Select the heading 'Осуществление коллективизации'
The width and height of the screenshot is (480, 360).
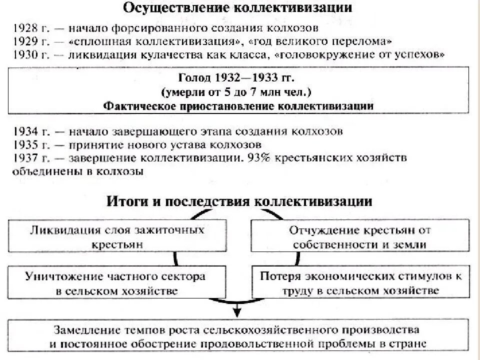click(x=237, y=9)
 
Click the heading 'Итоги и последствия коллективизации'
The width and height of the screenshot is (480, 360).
click(x=239, y=201)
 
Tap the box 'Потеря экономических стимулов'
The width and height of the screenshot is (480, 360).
click(x=359, y=283)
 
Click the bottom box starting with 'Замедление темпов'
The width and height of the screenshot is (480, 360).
click(x=238, y=337)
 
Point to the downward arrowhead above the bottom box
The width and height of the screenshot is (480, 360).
click(x=237, y=313)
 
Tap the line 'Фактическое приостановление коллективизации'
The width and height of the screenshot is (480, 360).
click(x=238, y=106)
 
